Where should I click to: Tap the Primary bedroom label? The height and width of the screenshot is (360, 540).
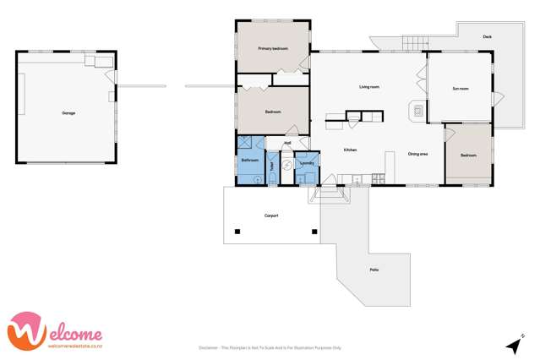(x=273, y=49)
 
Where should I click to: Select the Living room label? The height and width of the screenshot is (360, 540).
(x=368, y=86)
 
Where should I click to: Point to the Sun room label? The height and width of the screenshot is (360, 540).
(x=461, y=88)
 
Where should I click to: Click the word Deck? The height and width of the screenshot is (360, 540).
(x=488, y=37)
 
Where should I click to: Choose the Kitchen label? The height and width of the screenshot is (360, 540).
(x=350, y=150)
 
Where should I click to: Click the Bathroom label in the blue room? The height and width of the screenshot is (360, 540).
(x=249, y=160)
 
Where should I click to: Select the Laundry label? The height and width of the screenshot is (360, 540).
(x=307, y=163)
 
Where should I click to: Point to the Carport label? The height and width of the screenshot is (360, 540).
(x=271, y=215)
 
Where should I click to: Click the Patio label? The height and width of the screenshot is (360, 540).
(x=374, y=270)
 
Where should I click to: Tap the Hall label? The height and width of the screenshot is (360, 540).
(x=287, y=143)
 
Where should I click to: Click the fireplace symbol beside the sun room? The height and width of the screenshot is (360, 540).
(x=417, y=111)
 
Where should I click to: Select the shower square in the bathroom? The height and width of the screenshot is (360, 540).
(x=245, y=144)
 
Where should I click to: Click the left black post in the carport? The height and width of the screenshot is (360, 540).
(x=237, y=232)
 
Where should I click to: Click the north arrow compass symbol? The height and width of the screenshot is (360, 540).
(x=512, y=345)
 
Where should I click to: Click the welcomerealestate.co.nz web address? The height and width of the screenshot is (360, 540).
(x=75, y=346)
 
